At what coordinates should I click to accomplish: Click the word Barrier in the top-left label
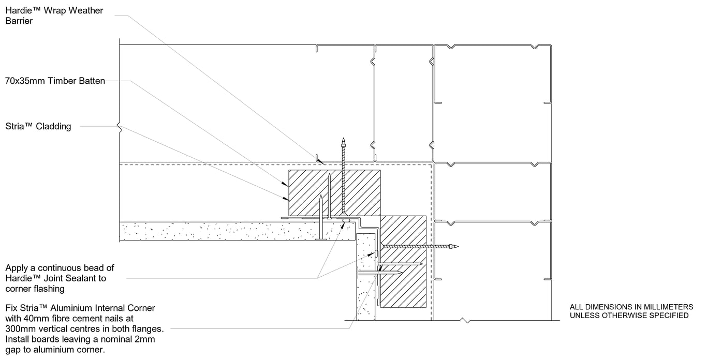19,21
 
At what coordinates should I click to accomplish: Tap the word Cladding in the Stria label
54,126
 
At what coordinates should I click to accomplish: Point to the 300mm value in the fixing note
18,328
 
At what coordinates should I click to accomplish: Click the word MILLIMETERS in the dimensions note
665,306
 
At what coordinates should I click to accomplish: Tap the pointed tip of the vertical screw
343,140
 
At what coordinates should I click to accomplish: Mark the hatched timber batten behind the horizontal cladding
334,193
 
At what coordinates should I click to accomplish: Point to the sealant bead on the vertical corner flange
377,254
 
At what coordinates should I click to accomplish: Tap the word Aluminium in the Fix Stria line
71,308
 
